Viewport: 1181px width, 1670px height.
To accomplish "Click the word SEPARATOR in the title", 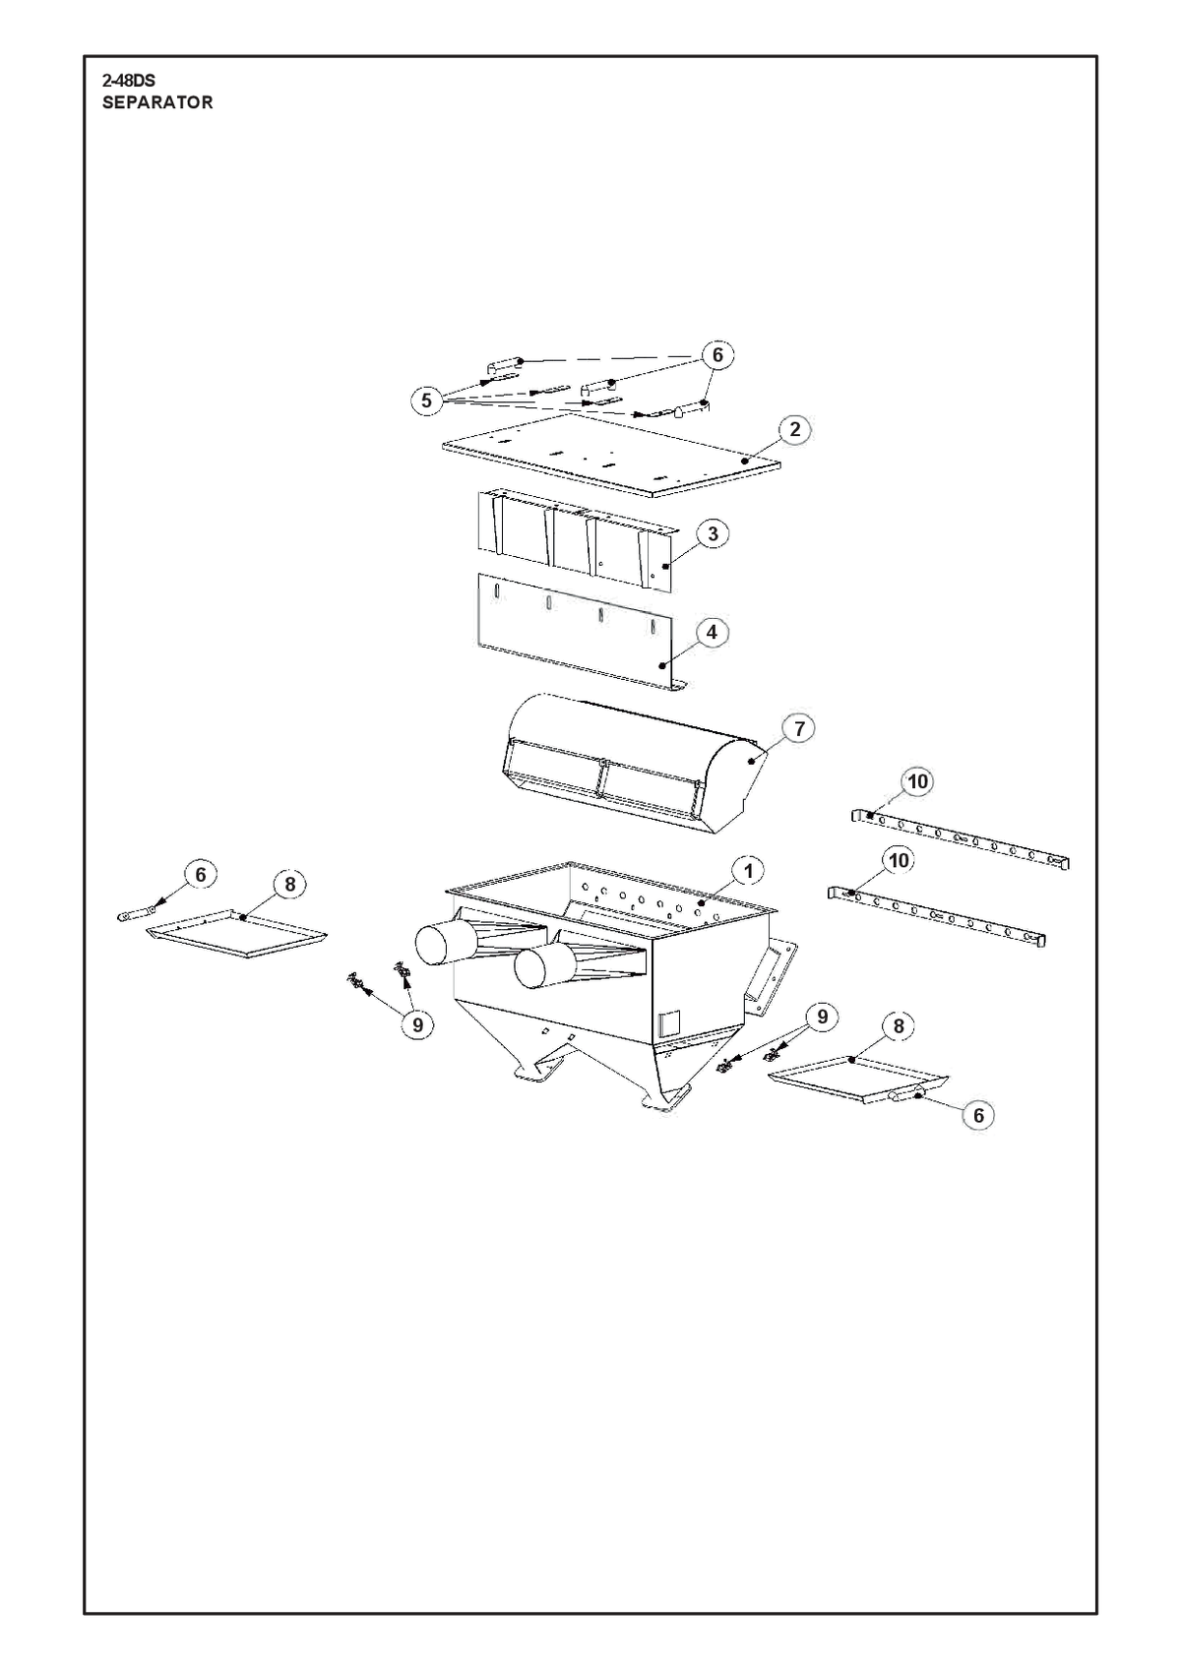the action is click(157, 103).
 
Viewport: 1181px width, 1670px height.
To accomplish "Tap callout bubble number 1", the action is click(749, 872).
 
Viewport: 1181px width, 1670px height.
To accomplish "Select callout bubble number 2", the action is click(795, 429).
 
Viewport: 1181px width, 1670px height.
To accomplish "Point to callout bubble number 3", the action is click(713, 533).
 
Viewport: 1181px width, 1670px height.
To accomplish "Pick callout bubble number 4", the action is click(712, 632).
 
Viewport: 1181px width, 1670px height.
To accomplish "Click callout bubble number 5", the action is click(426, 401).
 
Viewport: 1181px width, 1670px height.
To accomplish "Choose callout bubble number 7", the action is click(799, 728).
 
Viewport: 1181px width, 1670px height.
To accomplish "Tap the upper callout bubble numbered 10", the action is click(918, 781).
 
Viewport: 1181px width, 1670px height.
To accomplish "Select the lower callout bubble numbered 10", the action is click(899, 860).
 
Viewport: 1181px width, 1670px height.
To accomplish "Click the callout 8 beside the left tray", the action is click(290, 885).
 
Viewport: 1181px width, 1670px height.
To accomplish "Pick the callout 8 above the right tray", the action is click(899, 1026).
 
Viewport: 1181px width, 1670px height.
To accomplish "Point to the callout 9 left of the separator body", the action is click(417, 1025).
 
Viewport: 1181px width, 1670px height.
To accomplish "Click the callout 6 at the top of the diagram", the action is click(717, 355).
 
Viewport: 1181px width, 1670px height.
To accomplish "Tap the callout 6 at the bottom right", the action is click(978, 1115).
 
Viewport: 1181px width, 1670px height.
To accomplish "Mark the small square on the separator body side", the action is click(669, 1022).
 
